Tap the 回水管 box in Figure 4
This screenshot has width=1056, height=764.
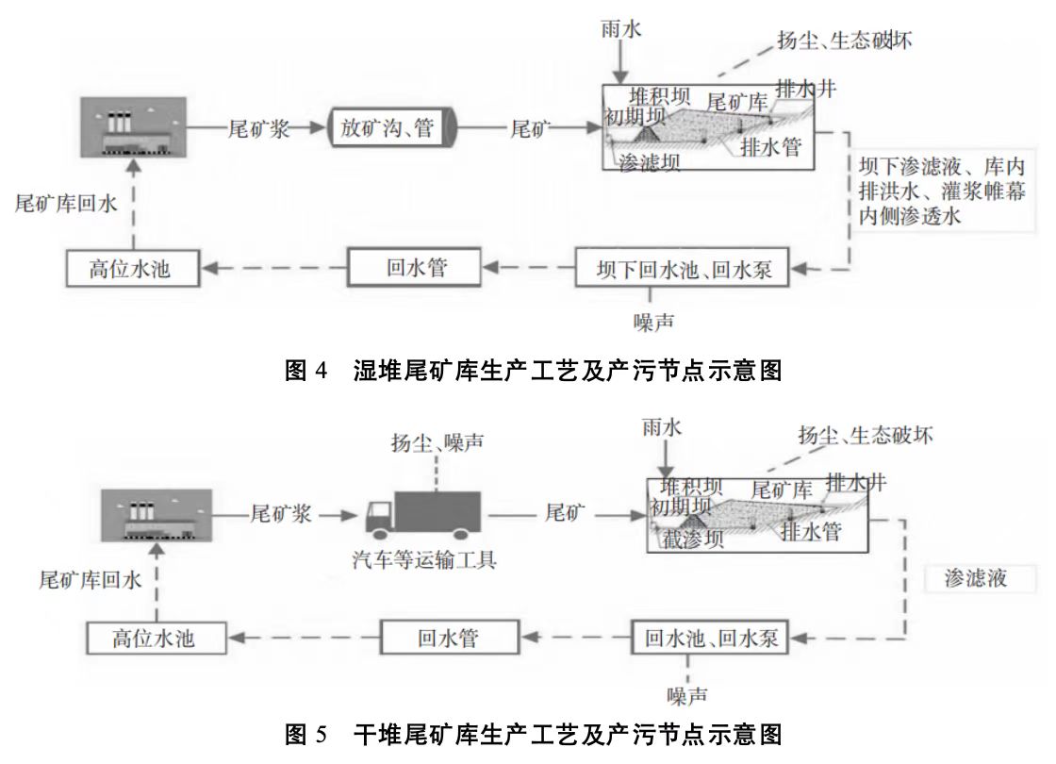pos(416,268)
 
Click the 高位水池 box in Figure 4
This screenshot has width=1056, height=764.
pos(133,270)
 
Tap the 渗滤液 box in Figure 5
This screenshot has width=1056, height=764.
pos(975,577)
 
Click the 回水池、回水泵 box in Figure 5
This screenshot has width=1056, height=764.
pos(711,638)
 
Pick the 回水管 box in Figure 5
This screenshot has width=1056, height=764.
pos(449,638)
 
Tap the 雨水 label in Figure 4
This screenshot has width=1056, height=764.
pos(620,29)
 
